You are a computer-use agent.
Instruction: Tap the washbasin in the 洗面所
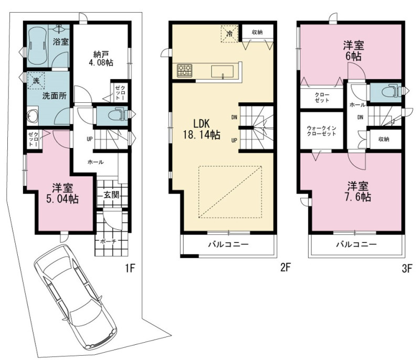32,115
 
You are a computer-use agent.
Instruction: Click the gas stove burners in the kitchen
185,71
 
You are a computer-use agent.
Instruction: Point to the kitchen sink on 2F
222,72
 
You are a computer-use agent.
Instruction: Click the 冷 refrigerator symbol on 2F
229,34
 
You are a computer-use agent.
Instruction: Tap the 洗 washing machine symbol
36,80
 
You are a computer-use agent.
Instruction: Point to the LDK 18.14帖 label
202,129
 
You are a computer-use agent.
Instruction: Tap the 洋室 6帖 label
353,51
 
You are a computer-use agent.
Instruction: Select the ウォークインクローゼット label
321,131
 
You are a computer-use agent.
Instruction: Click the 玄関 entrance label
111,195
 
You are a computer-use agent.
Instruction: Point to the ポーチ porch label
108,241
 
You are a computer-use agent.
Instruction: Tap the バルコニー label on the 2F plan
228,245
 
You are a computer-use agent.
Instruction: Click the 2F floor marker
286,267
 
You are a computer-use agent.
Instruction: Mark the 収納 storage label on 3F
384,139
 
